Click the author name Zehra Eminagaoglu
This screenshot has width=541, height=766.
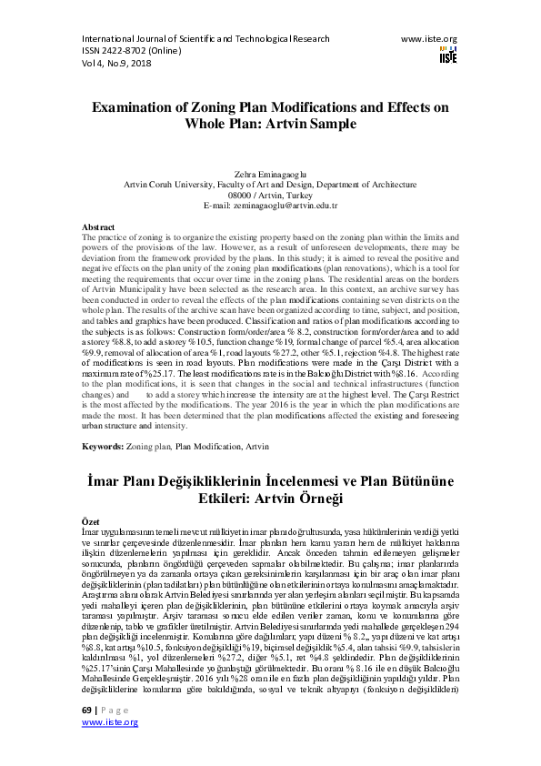coord(270,171)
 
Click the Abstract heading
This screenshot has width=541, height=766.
coord(98,226)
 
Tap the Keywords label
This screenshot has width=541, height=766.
coord(102,447)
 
